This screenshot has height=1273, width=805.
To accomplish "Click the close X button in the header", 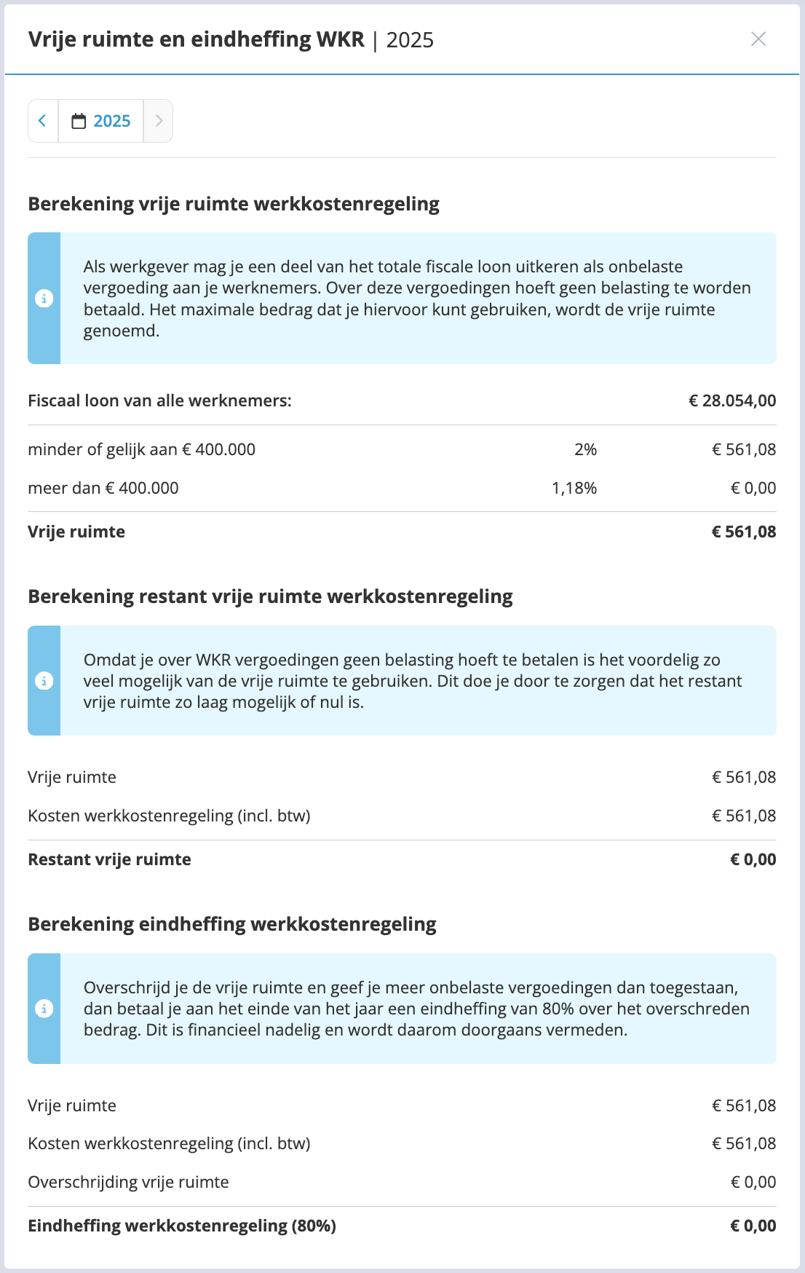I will click(758, 39).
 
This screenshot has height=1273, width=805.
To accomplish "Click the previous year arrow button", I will click(43, 121).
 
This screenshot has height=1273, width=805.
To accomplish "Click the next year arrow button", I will click(159, 121).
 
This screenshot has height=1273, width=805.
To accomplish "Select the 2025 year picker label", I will click(112, 121).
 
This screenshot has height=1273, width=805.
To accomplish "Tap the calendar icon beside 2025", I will click(79, 121).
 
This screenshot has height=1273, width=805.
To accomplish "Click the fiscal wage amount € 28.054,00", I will click(732, 401).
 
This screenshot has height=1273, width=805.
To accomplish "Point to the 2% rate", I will click(585, 449).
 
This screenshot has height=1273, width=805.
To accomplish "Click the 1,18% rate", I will click(574, 488).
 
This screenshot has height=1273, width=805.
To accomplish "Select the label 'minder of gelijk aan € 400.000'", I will click(141, 449).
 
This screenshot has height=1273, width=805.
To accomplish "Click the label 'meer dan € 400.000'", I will click(103, 488).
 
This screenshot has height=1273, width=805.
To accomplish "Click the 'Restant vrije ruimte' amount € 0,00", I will click(753, 859).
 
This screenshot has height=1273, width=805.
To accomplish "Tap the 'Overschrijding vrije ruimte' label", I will click(128, 1182).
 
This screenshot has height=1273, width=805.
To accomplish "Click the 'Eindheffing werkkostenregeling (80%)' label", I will click(182, 1226).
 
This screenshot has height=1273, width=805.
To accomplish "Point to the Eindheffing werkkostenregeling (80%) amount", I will click(753, 1226).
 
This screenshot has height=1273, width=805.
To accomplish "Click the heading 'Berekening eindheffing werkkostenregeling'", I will click(232, 924).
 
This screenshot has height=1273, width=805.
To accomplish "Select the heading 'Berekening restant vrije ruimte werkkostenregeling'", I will click(270, 596).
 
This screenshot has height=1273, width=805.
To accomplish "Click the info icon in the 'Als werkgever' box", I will click(44, 299).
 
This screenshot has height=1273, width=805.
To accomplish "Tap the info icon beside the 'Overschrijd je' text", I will click(44, 1009).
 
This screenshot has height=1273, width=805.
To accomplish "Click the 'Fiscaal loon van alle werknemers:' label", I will click(159, 401).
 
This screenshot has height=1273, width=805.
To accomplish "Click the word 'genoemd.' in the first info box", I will click(121, 331).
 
